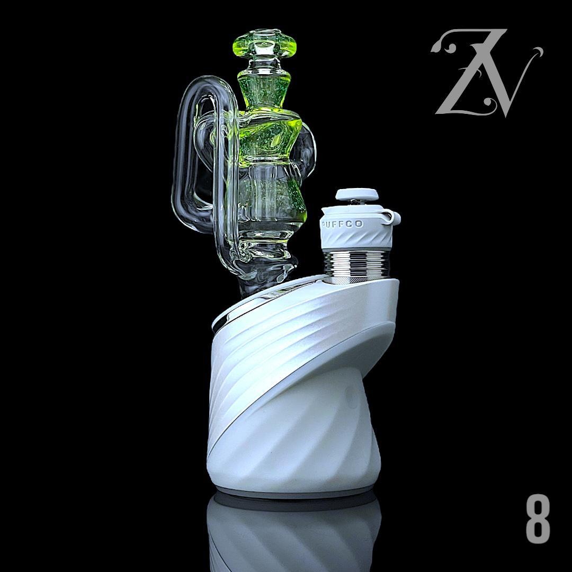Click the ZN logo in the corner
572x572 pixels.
tap(487, 73)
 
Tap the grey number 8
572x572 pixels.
tap(538, 519)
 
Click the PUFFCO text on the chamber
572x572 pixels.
tap(342, 224)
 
